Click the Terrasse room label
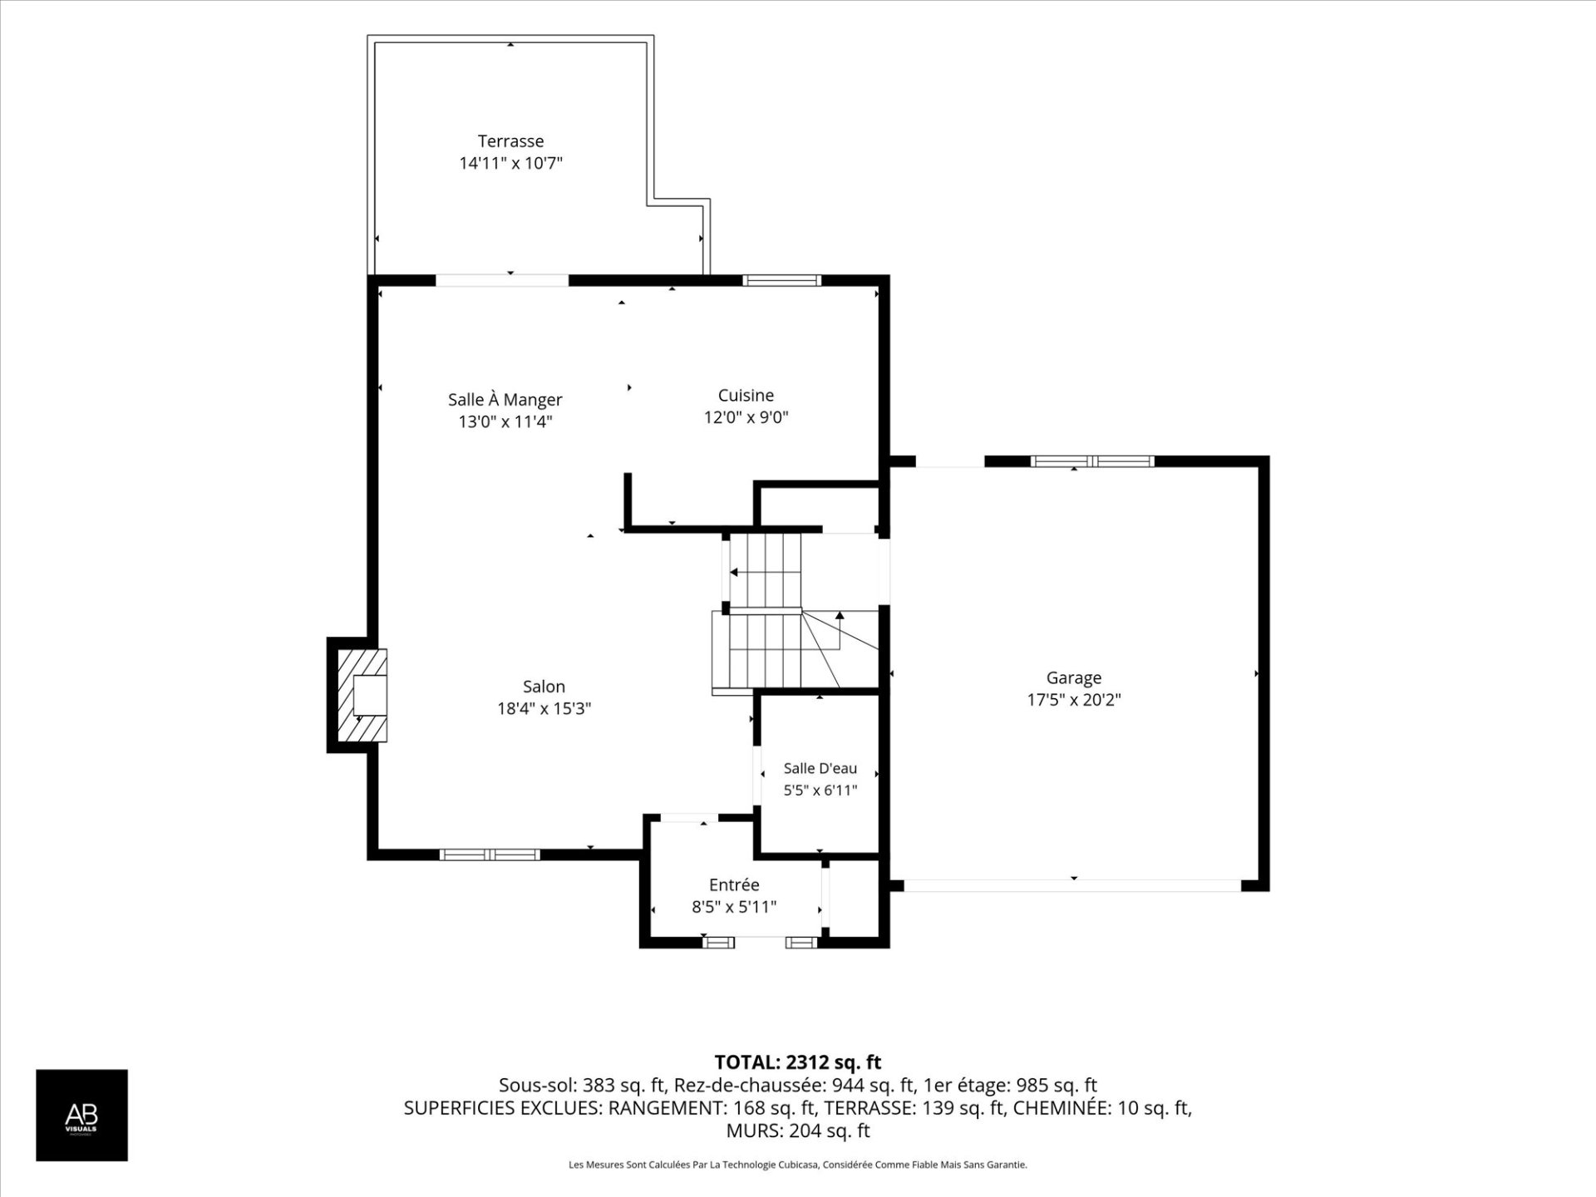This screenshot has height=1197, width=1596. click(510, 141)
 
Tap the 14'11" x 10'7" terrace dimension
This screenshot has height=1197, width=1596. click(510, 163)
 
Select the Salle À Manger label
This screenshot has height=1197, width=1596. click(505, 399)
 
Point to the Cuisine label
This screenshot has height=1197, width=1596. click(746, 396)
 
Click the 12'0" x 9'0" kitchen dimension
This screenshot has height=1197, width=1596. click(746, 417)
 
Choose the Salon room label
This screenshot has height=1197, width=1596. click(544, 687)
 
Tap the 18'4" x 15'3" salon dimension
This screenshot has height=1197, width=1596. click(544, 708)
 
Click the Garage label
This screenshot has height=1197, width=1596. click(1074, 678)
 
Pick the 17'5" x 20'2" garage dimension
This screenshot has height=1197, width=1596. click(1074, 700)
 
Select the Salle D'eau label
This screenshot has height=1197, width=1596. click(820, 769)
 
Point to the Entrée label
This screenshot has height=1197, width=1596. click(734, 885)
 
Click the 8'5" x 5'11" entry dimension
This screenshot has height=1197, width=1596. click(734, 907)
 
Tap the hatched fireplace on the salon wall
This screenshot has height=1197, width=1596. click(362, 695)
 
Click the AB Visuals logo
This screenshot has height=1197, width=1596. click(81, 1115)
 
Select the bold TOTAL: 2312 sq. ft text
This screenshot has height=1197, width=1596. click(798, 1062)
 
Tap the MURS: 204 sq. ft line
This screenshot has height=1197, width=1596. click(798, 1130)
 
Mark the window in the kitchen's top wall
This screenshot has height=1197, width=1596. click(781, 280)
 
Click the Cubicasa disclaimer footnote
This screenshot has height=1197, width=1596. click(798, 1165)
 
